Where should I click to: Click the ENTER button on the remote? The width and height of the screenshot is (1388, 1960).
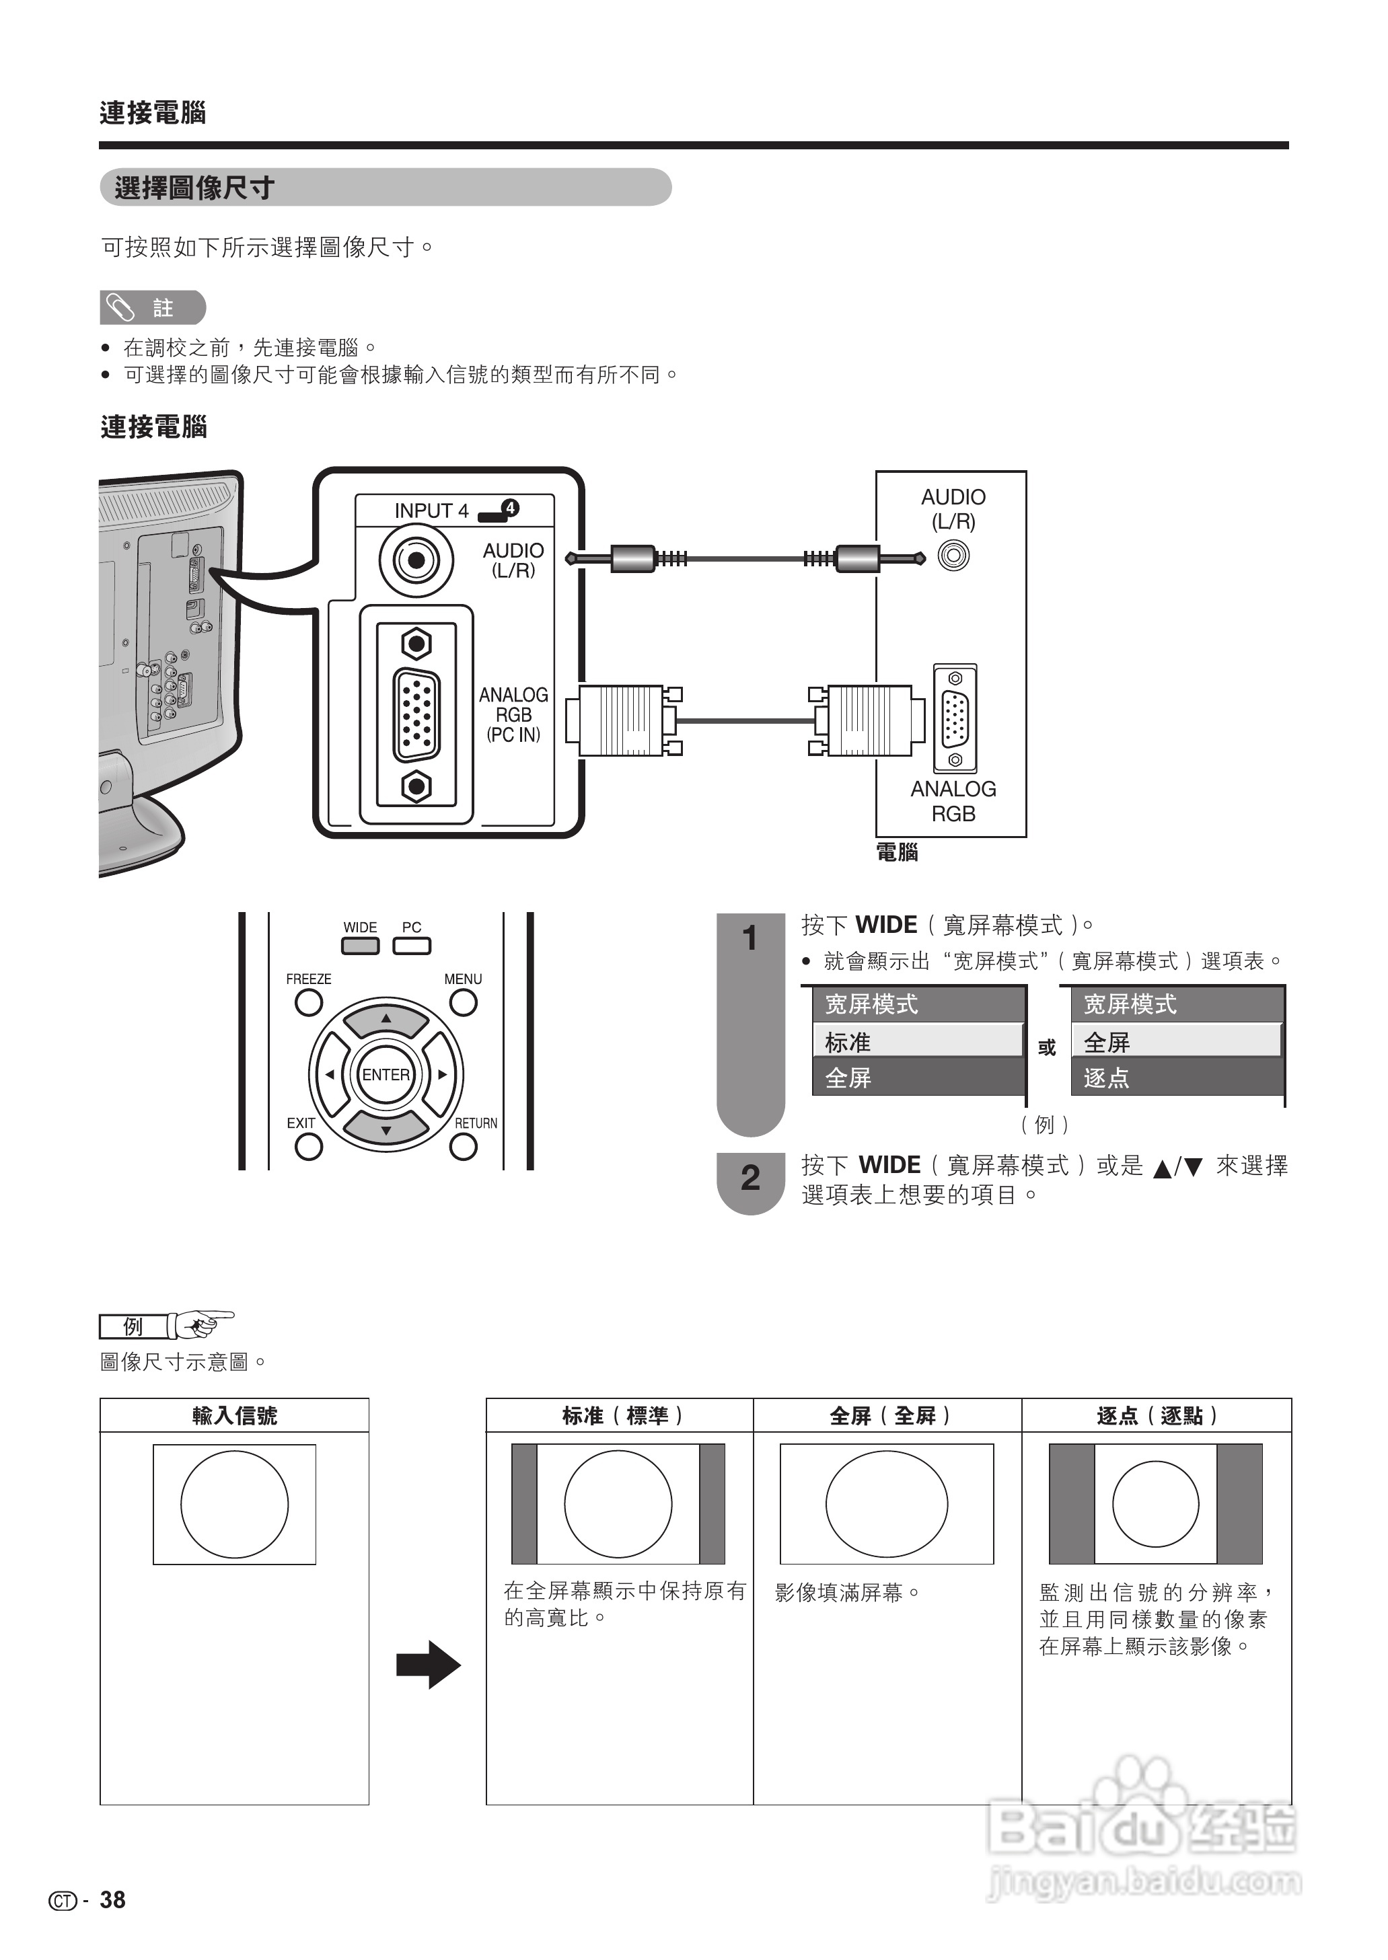pyautogui.click(x=386, y=1075)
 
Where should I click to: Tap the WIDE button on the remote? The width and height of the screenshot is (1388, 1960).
pyautogui.click(x=360, y=946)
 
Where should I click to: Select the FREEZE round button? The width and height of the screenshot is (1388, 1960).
pyautogui.click(x=309, y=1002)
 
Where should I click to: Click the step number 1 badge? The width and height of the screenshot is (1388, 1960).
pyautogui.click(x=750, y=939)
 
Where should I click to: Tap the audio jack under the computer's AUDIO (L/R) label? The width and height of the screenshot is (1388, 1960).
pyautogui.click(x=953, y=556)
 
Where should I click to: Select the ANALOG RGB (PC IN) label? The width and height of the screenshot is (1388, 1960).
pyautogui.click(x=513, y=714)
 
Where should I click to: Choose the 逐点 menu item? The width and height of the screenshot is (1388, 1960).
pyautogui.click(x=1177, y=1078)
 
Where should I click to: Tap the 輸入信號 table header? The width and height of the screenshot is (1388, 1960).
pyautogui.click(x=234, y=1416)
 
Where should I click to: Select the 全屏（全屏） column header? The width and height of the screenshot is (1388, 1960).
pyautogui.click(x=888, y=1416)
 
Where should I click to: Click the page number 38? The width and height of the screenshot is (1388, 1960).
pyautogui.click(x=112, y=1899)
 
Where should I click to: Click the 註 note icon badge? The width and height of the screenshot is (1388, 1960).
pyautogui.click(x=153, y=307)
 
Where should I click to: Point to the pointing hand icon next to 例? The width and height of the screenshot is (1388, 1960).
pyautogui.click(x=203, y=1325)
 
